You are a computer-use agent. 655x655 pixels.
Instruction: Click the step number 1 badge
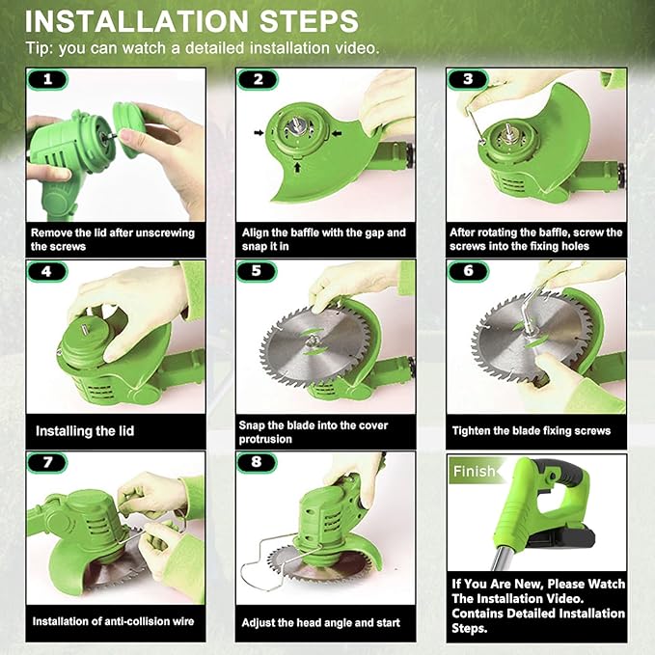coord(47,79)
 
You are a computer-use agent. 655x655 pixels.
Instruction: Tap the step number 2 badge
coord(258,79)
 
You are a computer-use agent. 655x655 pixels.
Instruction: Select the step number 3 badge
coord(468,79)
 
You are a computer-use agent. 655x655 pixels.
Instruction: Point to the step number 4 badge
coord(47,271)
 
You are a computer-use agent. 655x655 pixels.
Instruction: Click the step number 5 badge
coord(257,271)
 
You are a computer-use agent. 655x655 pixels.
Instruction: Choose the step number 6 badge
coord(468,271)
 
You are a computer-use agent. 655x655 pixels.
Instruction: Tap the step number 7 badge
coord(47,462)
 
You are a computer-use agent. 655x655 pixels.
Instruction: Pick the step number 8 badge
coord(257,462)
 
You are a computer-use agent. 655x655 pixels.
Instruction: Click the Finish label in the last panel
coord(474,471)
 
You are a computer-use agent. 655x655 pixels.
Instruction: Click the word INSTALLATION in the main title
coord(137,21)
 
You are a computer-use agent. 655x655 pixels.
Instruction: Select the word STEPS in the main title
coord(309,21)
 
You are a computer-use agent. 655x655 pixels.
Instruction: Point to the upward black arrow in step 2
coord(297,168)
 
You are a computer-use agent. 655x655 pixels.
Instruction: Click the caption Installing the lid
coord(85,431)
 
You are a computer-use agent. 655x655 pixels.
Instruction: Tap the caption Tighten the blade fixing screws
coord(532,430)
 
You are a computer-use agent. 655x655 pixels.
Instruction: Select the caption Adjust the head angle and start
coord(321,623)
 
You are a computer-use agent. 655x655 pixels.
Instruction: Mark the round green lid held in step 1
coord(128,129)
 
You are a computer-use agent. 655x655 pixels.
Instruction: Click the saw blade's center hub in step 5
coord(312,341)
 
